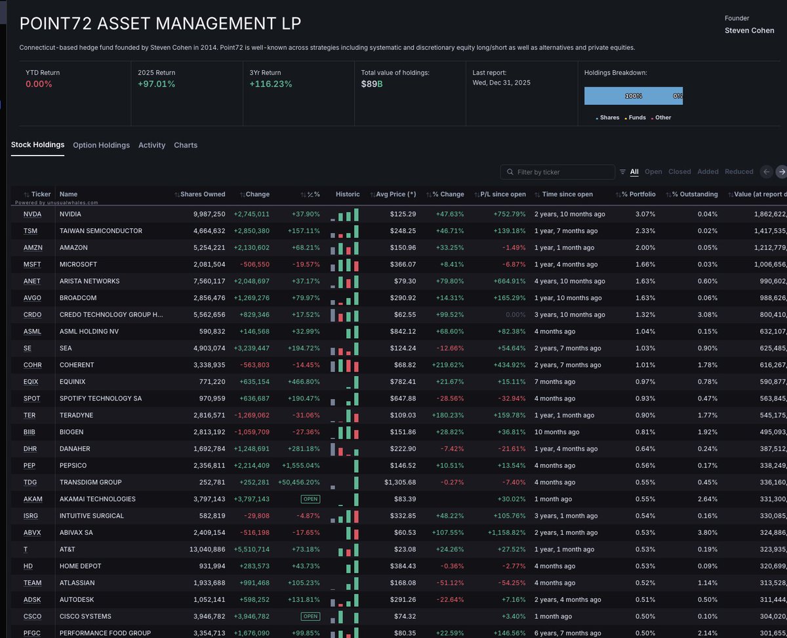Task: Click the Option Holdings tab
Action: (101, 145)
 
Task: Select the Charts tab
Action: (186, 145)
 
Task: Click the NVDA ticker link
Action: (32, 214)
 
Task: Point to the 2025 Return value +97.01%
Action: (157, 84)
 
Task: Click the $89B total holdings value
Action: (372, 84)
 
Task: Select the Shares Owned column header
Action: (203, 194)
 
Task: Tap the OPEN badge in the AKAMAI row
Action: (310, 499)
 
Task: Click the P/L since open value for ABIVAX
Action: (506, 532)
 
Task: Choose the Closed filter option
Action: (679, 172)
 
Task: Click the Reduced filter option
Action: (738, 172)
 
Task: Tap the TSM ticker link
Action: (31, 231)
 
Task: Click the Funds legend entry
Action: (637, 117)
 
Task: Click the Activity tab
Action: (151, 145)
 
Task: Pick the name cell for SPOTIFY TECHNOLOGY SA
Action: (100, 398)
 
